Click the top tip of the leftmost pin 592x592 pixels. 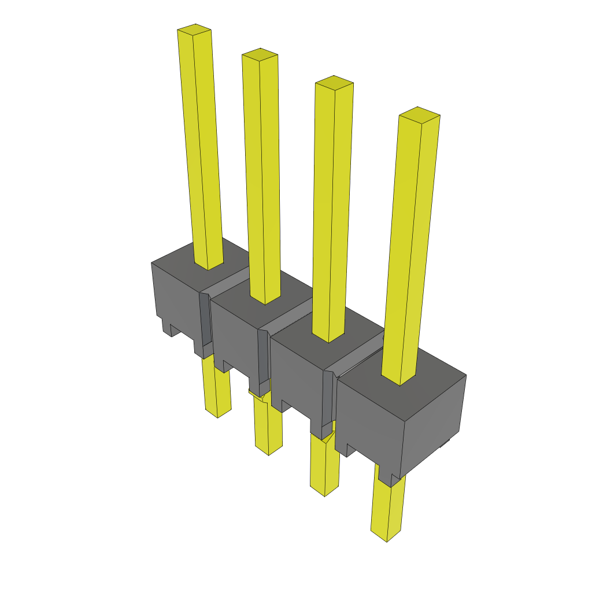point(194,29)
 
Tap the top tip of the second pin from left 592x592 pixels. point(260,54)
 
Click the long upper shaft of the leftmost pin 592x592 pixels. point(202,145)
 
